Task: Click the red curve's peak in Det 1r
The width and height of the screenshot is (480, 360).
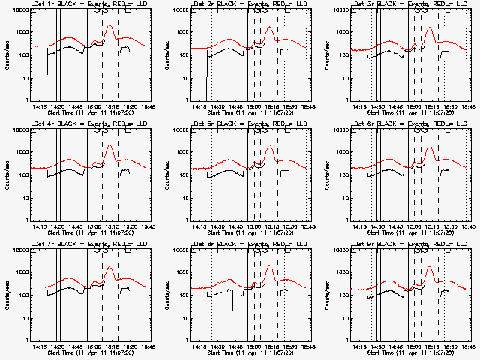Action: (x=111, y=25)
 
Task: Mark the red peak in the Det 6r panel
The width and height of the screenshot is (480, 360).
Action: (x=430, y=145)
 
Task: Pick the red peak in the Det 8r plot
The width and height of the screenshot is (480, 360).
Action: (x=270, y=266)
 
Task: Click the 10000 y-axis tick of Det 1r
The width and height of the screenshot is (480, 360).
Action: (x=19, y=10)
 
